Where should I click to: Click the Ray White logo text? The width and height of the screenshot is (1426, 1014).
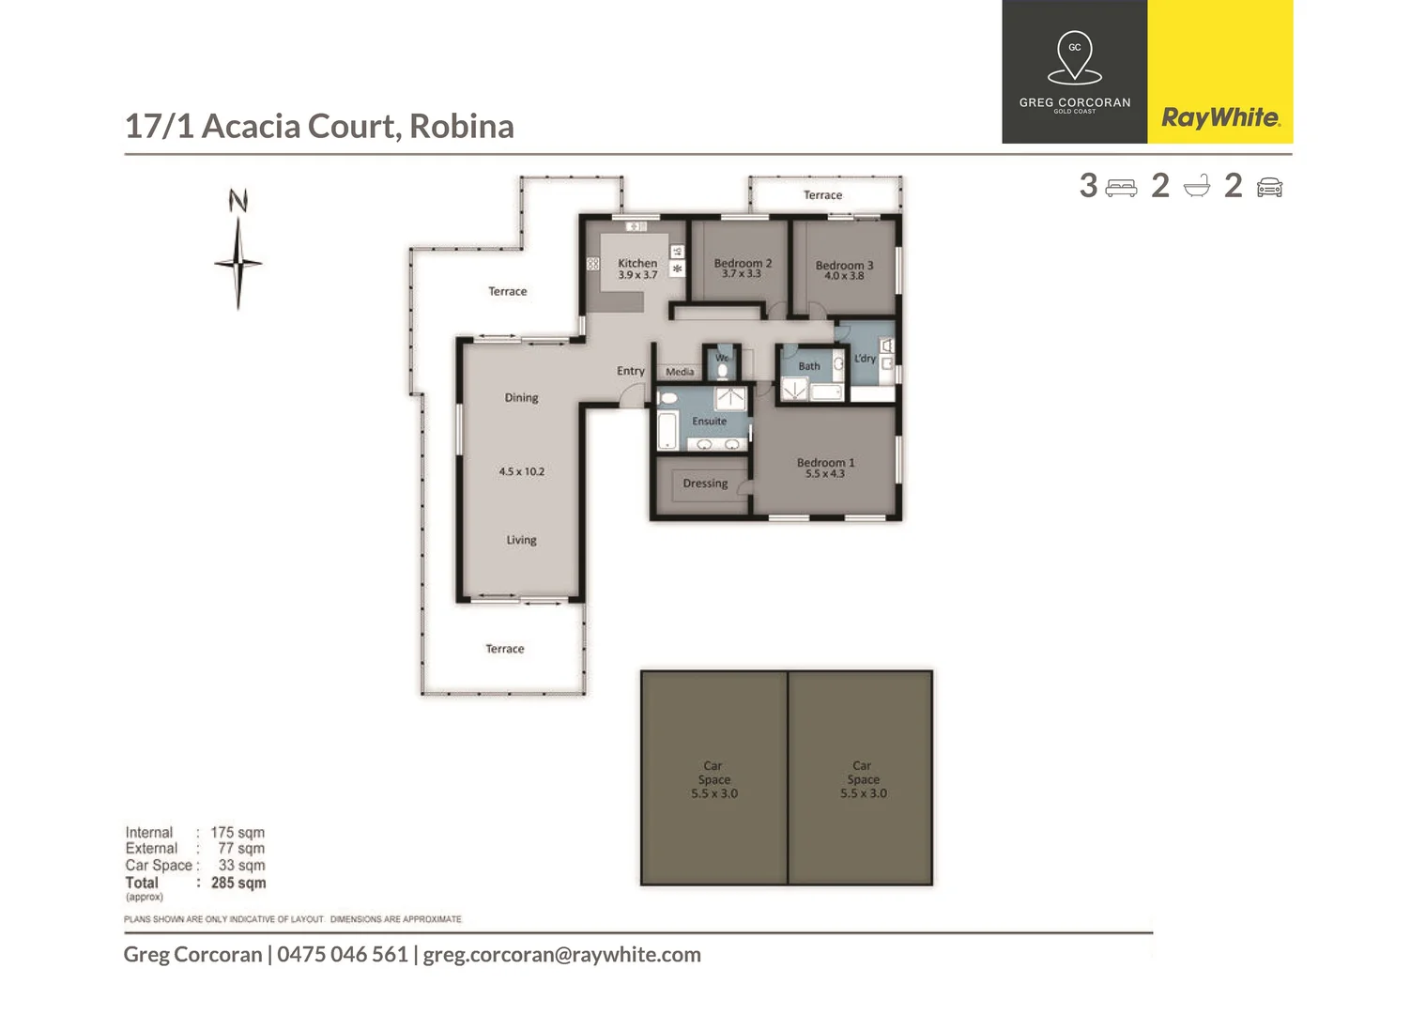click(1219, 117)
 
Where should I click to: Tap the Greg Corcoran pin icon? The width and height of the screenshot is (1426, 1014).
click(1075, 57)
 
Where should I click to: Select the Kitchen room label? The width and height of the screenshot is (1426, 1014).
click(637, 263)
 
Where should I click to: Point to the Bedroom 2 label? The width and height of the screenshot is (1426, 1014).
click(743, 263)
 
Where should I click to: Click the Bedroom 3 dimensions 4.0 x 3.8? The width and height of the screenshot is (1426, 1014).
click(844, 276)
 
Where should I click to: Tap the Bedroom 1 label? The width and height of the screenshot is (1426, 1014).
click(825, 462)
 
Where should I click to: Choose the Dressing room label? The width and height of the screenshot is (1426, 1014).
click(705, 484)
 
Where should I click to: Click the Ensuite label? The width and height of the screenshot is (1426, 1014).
click(709, 422)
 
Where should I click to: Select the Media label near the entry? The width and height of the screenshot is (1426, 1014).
click(680, 372)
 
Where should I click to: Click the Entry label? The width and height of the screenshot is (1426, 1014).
click(630, 371)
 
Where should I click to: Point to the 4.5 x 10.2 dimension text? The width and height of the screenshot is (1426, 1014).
click(521, 471)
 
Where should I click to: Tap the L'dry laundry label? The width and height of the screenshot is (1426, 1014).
click(865, 359)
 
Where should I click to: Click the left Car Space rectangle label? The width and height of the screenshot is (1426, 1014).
click(713, 779)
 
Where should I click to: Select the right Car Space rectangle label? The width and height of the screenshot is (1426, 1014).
click(863, 779)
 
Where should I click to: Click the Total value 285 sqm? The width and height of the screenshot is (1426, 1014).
click(238, 883)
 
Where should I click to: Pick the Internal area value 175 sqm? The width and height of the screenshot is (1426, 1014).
click(238, 833)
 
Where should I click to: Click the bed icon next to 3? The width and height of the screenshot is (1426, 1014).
click(1121, 188)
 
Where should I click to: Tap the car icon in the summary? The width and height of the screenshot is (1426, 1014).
click(1269, 188)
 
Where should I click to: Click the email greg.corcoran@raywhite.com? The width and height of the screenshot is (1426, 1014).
click(561, 955)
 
